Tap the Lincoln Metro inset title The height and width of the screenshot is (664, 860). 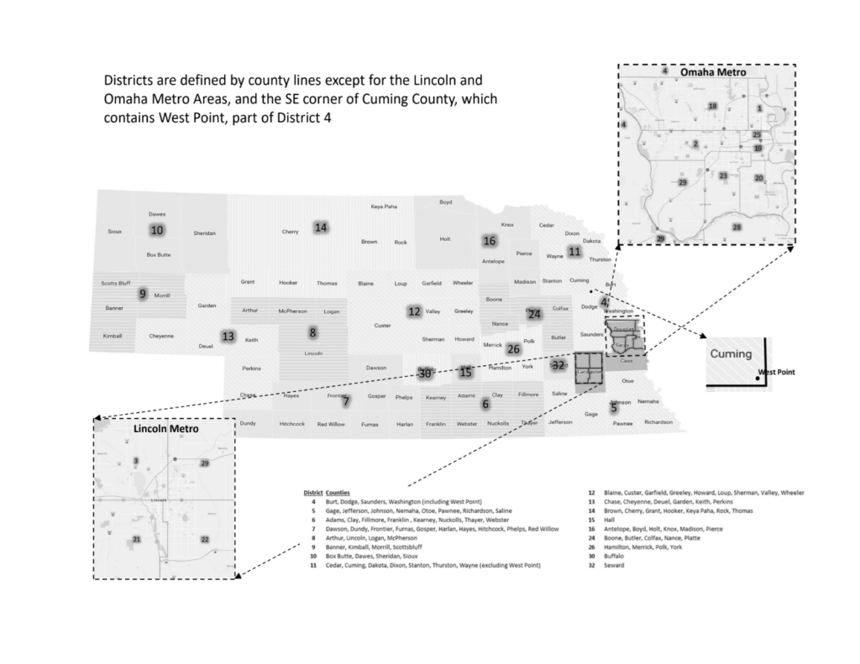[165, 429]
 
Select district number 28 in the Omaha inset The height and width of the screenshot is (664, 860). [737, 227]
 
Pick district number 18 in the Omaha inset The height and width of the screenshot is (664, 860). [712, 107]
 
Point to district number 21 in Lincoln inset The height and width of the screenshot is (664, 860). [137, 539]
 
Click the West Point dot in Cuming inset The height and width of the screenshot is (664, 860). [758, 379]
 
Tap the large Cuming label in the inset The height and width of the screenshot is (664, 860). [730, 354]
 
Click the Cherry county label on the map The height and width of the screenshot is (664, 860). [291, 232]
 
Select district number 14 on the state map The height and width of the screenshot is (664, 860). [320, 227]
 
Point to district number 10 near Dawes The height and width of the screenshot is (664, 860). [157, 230]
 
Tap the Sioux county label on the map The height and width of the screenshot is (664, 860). [115, 231]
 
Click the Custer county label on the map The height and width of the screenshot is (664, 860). [382, 326]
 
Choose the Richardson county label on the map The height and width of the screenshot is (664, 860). [658, 422]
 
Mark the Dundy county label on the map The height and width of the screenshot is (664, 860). [248, 423]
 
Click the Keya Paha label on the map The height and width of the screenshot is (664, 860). [384, 207]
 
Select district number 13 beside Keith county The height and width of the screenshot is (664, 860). [228, 337]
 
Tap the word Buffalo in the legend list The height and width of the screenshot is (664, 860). [615, 555]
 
